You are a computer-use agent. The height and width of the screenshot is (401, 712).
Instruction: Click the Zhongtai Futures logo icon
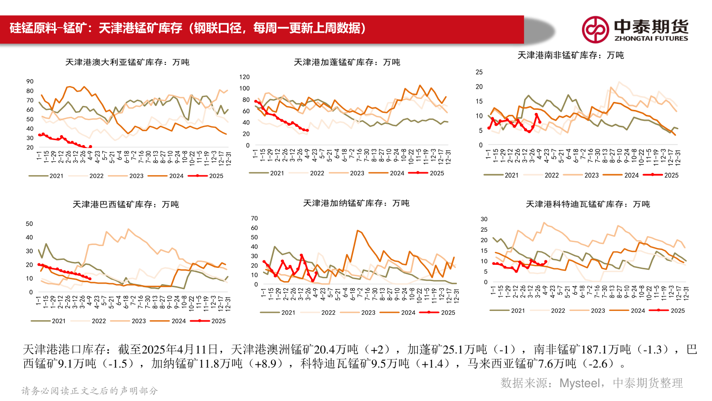[x=595, y=29]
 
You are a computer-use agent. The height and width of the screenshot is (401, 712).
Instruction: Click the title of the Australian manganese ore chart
[x=127, y=62]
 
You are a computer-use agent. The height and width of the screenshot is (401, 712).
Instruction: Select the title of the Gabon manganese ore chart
[x=347, y=62]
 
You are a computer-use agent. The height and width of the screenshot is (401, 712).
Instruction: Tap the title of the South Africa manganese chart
[x=570, y=55]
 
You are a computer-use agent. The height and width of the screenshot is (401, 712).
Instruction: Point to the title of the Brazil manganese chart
[x=126, y=204]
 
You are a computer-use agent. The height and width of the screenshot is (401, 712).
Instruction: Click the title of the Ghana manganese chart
[x=356, y=203]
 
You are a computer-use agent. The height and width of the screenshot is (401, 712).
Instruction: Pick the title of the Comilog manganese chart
[x=587, y=204]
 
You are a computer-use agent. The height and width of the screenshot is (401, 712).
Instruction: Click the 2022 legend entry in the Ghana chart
[x=319, y=312]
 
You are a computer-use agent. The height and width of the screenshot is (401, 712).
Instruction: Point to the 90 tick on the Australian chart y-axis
[x=30, y=81]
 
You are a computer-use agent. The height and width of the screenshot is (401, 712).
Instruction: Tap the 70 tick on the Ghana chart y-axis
[x=255, y=218]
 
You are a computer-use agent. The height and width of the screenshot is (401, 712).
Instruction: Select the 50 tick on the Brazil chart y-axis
[x=29, y=224]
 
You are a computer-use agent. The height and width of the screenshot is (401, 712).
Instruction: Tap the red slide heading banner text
[x=188, y=28]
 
